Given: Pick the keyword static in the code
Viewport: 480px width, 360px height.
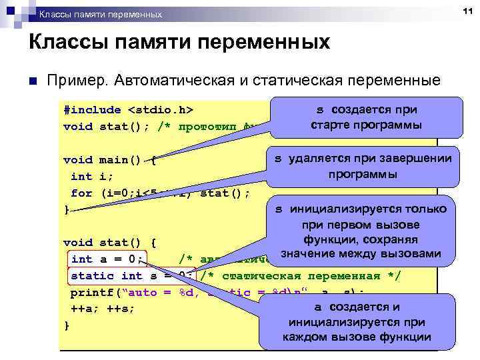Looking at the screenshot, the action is point(93,275).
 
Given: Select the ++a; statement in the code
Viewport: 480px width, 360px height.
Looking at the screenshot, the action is point(83,309).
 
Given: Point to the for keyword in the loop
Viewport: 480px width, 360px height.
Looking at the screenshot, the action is point(81,193).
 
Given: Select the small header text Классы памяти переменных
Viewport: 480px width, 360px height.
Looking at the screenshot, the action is point(100,14).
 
